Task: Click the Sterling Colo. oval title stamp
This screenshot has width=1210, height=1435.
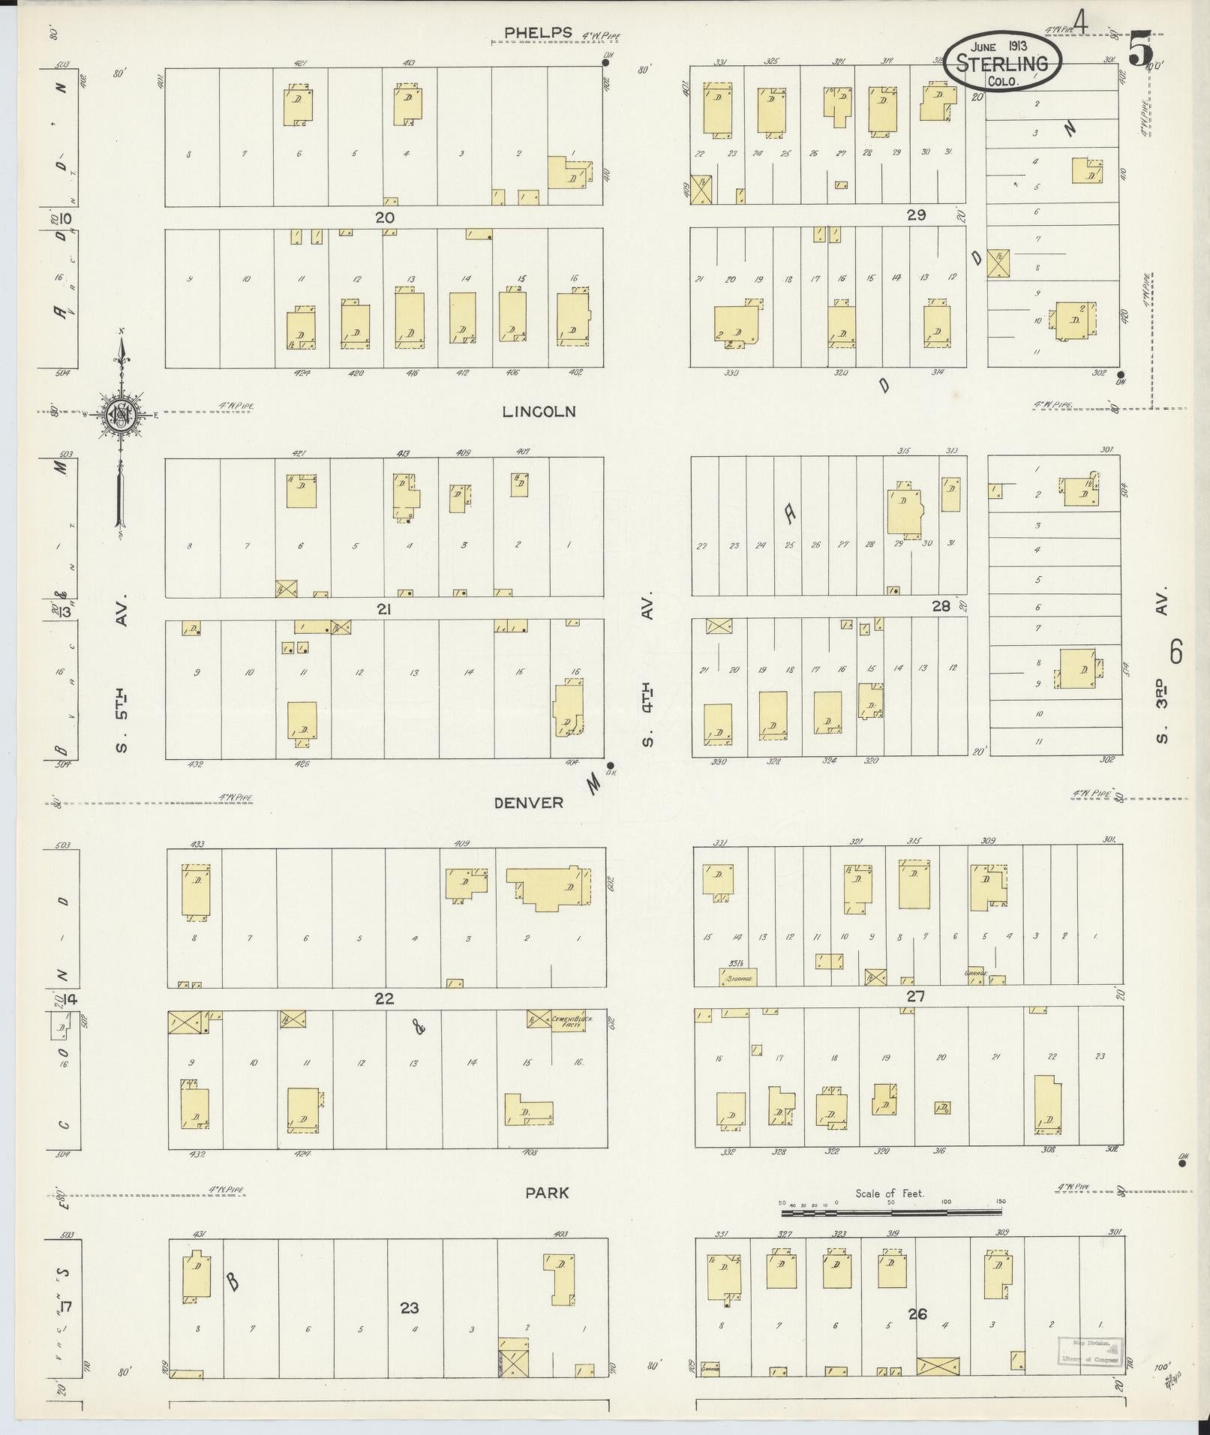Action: (x=1002, y=61)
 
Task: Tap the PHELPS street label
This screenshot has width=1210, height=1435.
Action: (x=538, y=32)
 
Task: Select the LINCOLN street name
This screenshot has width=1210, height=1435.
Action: (x=539, y=411)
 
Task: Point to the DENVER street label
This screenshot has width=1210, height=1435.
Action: (x=528, y=803)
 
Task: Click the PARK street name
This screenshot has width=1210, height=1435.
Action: (x=546, y=1193)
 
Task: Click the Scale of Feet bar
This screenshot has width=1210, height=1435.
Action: (x=892, y=1211)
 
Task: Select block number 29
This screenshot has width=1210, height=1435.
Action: (x=916, y=215)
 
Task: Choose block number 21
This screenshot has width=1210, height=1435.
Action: (x=384, y=610)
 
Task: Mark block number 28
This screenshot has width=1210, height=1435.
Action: (x=941, y=605)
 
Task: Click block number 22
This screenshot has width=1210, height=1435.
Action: (x=384, y=999)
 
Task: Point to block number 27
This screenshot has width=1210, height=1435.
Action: (x=915, y=996)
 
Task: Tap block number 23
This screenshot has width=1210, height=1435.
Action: (x=409, y=1307)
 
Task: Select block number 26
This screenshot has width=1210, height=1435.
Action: (x=917, y=1313)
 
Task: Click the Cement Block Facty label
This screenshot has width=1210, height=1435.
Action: (x=567, y=1021)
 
